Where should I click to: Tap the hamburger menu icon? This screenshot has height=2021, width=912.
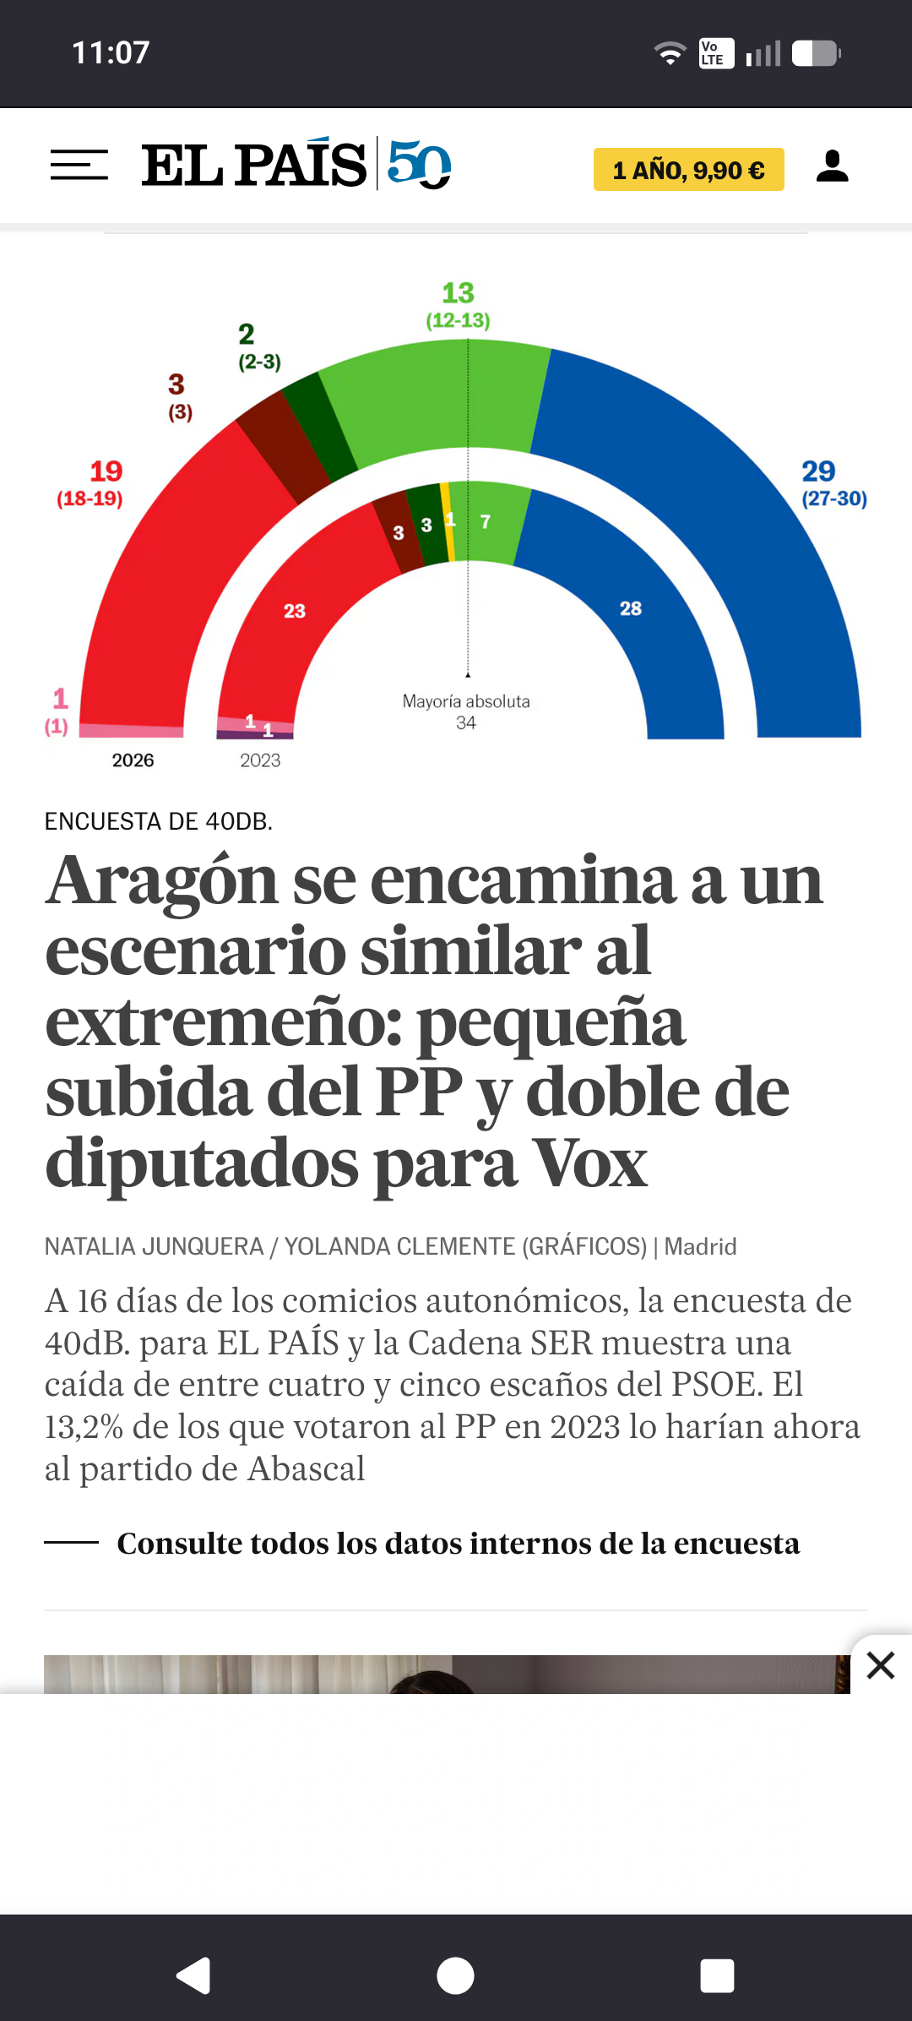click(x=79, y=165)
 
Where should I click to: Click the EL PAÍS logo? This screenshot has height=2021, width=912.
click(x=254, y=165)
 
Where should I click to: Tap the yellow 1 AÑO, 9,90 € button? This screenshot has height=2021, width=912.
click(x=688, y=170)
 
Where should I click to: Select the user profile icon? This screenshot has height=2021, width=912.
click(x=832, y=166)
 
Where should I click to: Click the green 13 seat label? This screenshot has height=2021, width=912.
click(x=458, y=293)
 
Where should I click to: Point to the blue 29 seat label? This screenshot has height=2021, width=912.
click(x=818, y=471)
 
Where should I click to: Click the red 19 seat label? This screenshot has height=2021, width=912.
click(x=106, y=471)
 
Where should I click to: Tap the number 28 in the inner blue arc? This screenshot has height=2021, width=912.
click(x=631, y=608)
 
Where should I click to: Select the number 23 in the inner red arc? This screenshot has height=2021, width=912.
click(x=294, y=611)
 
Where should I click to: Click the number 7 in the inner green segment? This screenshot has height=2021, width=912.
click(x=485, y=522)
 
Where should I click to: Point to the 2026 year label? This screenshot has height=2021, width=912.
click(x=133, y=760)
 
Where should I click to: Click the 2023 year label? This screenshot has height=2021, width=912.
click(x=260, y=760)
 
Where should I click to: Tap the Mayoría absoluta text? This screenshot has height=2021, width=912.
click(x=466, y=701)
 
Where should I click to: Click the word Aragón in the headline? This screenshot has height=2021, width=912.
click(x=161, y=880)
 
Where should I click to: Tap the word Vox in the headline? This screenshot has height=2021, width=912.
click(x=591, y=1164)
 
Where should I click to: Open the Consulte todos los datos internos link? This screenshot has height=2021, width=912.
click(x=458, y=1544)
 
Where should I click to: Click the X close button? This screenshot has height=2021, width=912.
click(x=880, y=1665)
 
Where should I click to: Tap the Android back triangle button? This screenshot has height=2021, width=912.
click(x=193, y=1975)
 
